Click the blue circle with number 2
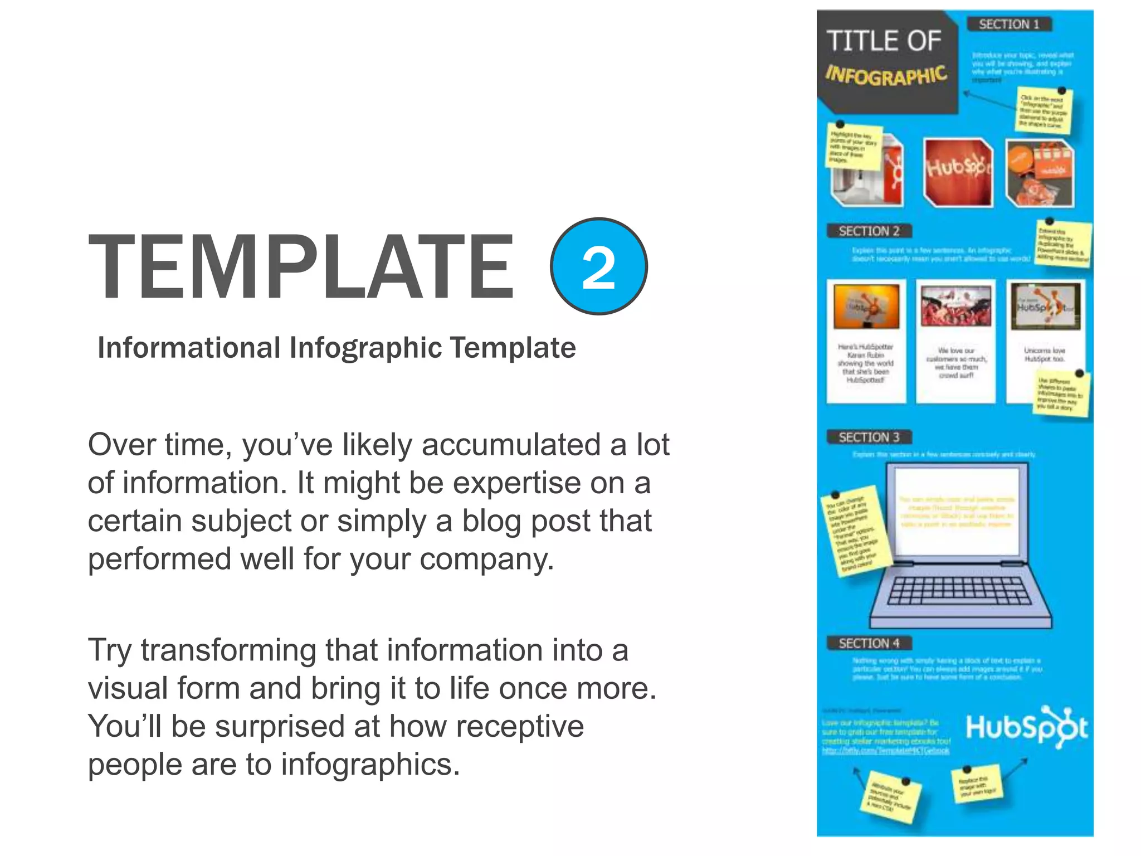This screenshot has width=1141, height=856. pos(598,266)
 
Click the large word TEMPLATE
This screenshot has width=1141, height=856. pos(301,267)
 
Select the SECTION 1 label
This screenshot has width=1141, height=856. pos(1009,25)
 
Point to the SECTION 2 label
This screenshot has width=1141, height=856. pos(869,231)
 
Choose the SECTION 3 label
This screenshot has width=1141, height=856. pos(869,437)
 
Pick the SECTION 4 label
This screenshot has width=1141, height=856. pos(869,644)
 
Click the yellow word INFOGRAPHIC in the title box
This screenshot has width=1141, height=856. pos(886,76)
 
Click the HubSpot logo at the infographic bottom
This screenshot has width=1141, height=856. pos(1026,727)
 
